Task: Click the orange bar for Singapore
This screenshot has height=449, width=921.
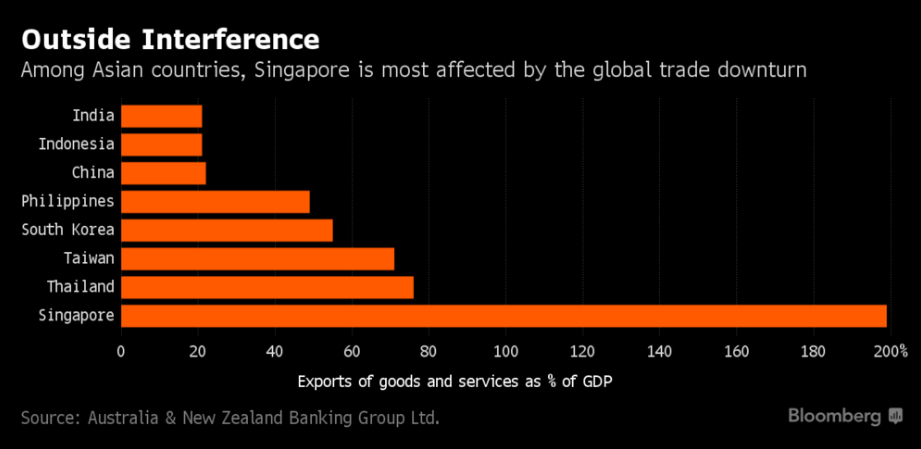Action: (503, 316)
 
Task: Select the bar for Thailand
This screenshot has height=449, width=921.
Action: (267, 287)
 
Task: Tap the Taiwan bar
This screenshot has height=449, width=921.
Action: (257, 259)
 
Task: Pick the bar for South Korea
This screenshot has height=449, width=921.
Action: (226, 230)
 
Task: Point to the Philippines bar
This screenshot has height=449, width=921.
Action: (215, 201)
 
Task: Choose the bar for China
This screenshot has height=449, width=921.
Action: (163, 173)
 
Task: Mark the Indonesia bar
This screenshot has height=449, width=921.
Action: (161, 144)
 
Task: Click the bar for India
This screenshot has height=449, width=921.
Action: (161, 116)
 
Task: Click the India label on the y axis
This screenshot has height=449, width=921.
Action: (94, 116)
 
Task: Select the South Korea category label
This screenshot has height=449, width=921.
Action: (68, 230)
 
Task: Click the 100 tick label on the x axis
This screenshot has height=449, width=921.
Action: (505, 351)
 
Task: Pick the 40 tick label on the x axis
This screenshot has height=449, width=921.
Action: (274, 351)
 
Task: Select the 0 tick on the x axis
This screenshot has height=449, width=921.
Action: (121, 351)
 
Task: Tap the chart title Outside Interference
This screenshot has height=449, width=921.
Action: (170, 39)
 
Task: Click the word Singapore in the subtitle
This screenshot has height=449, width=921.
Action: (290, 71)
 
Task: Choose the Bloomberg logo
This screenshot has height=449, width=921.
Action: (845, 415)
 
